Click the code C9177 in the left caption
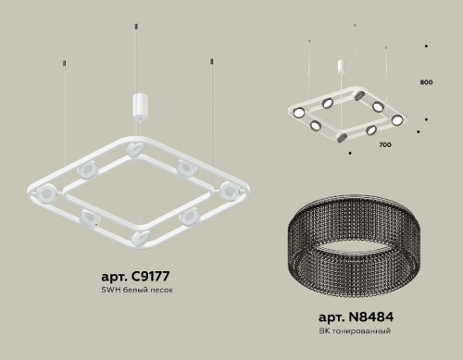(146, 277)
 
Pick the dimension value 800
(426, 83)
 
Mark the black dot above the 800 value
(425, 45)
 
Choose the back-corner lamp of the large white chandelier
(130, 144)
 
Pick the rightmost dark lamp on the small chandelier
(398, 119)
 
